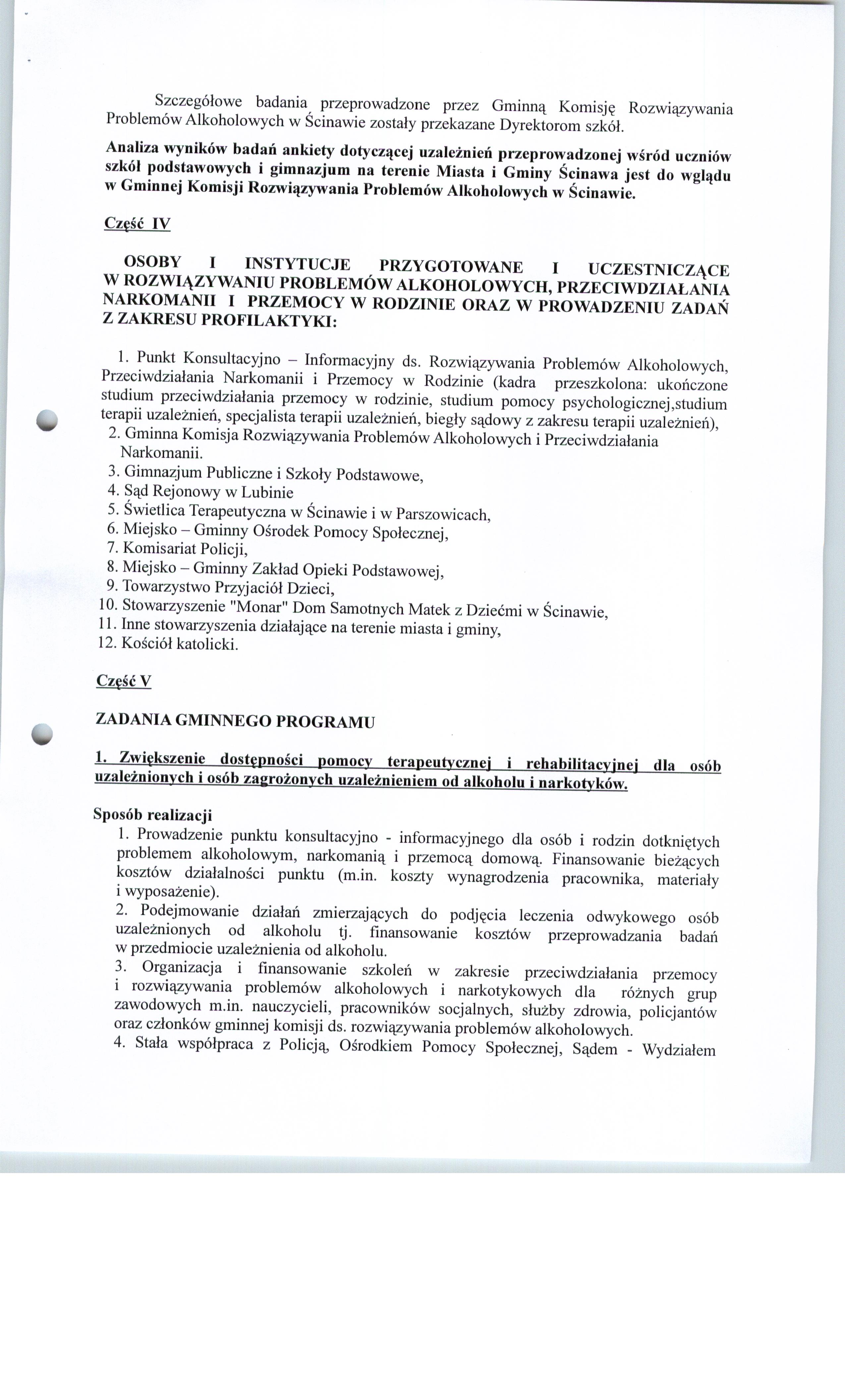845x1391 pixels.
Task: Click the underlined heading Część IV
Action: coord(137,224)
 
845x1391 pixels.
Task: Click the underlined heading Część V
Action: coord(124,681)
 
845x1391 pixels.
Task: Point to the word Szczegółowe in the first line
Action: coord(198,102)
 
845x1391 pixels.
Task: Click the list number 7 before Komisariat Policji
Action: coord(111,547)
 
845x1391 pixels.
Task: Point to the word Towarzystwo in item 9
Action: coord(167,587)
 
